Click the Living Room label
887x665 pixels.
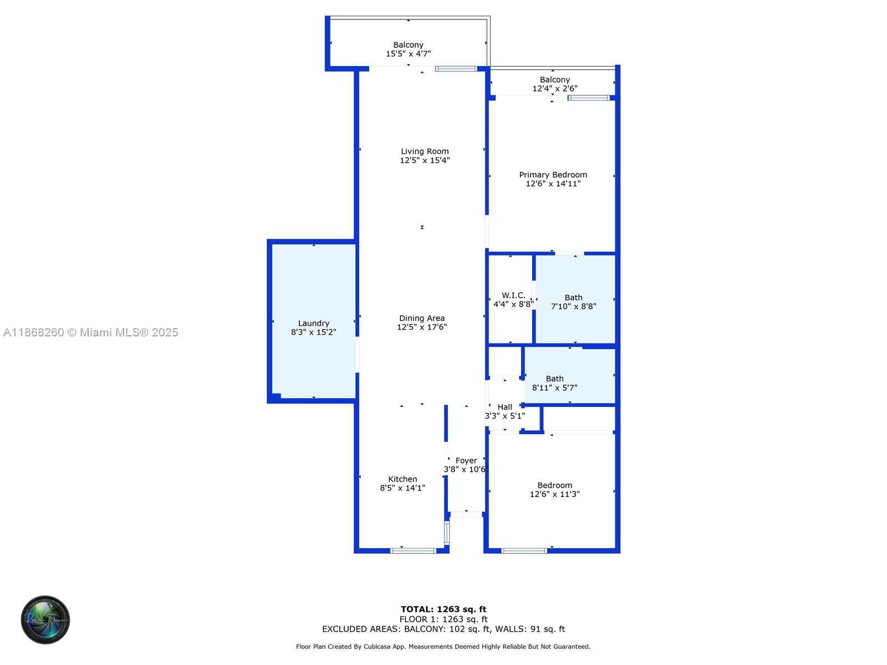425,151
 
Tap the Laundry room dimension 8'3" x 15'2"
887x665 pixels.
314,332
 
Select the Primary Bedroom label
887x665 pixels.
553,175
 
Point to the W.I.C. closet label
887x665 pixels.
513,295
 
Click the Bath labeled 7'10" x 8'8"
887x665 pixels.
573,302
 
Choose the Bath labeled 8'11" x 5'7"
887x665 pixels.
554,383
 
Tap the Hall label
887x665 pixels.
504,407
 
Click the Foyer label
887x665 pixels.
466,461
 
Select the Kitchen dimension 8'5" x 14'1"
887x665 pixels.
402,488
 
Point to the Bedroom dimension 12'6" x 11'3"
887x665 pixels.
554,494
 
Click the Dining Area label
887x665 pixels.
422,318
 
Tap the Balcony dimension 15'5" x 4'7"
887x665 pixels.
409,54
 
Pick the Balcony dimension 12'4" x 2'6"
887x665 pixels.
555,89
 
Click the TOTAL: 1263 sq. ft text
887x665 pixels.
443,609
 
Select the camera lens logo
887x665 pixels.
45,620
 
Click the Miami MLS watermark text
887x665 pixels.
91,332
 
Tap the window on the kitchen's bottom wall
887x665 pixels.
414,551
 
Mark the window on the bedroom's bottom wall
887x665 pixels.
524,551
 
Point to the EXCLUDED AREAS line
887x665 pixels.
443,629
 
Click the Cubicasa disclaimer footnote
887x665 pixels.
443,647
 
